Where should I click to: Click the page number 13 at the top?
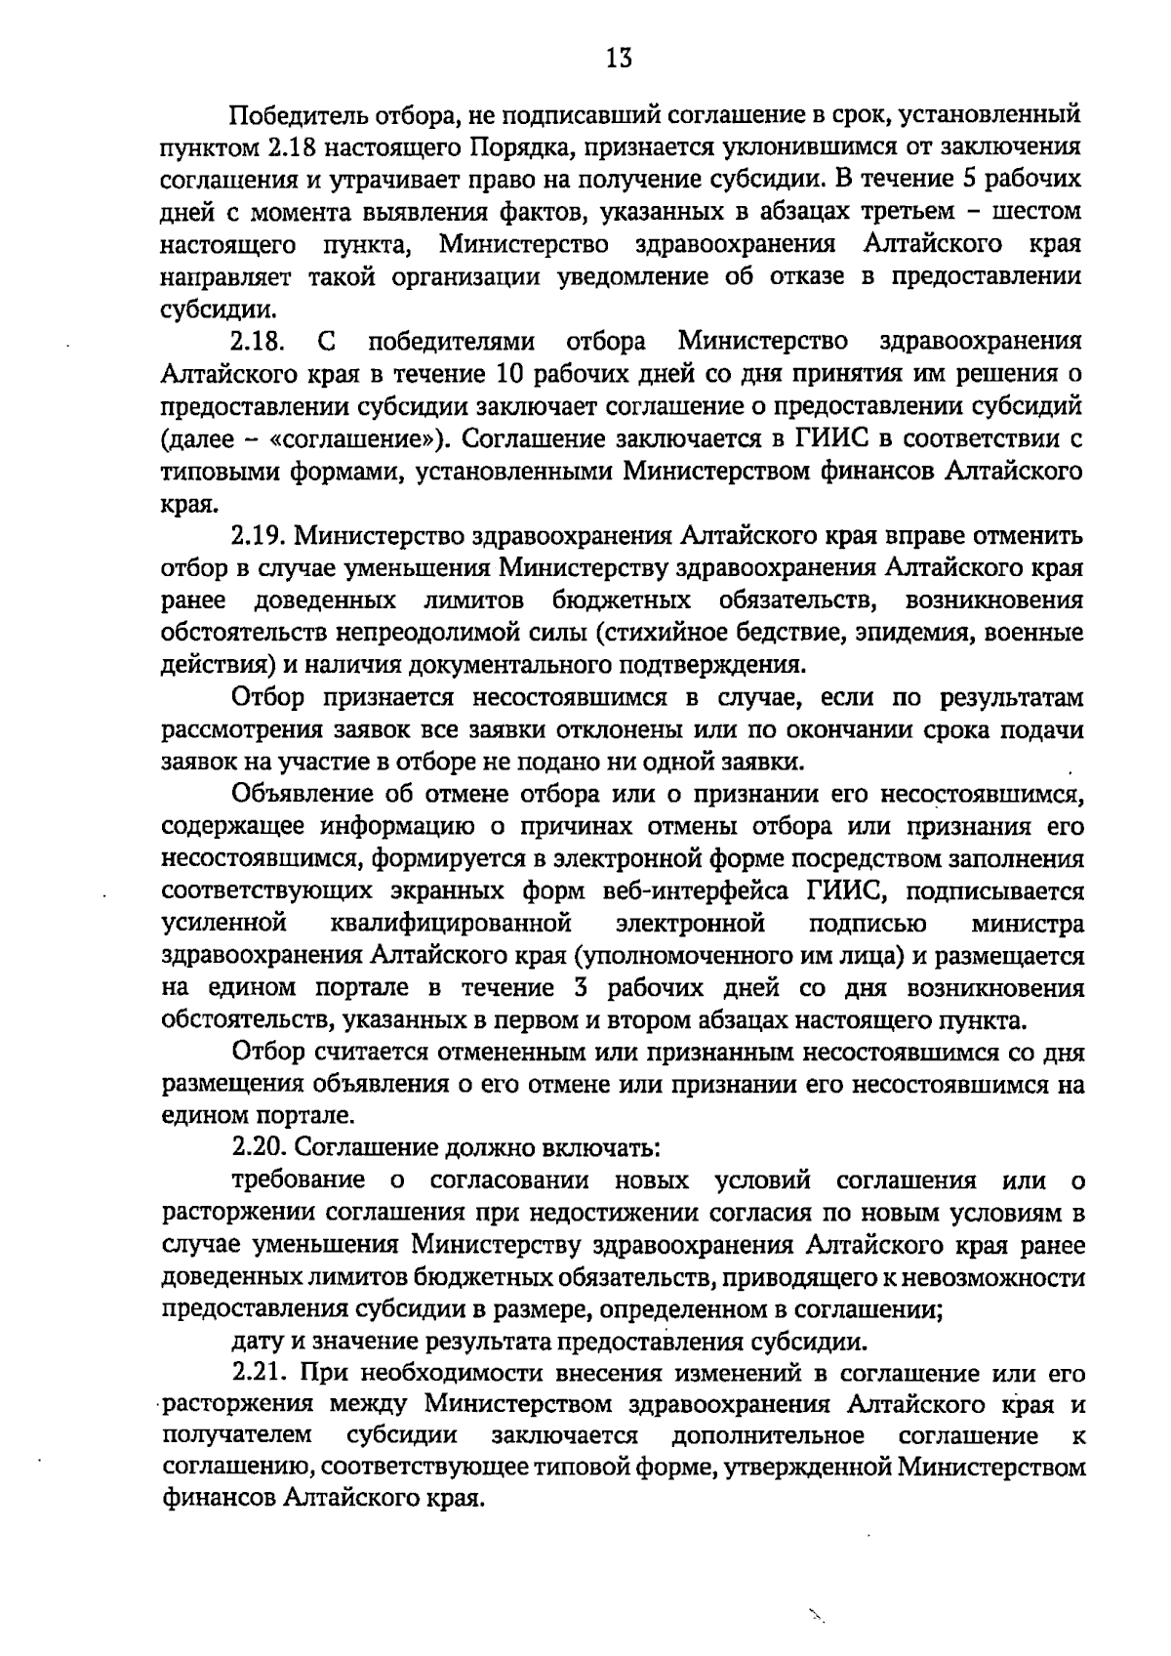(619, 58)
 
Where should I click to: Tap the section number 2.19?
(259, 535)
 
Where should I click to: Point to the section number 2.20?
(259, 1147)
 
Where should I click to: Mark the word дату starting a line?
(257, 1341)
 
